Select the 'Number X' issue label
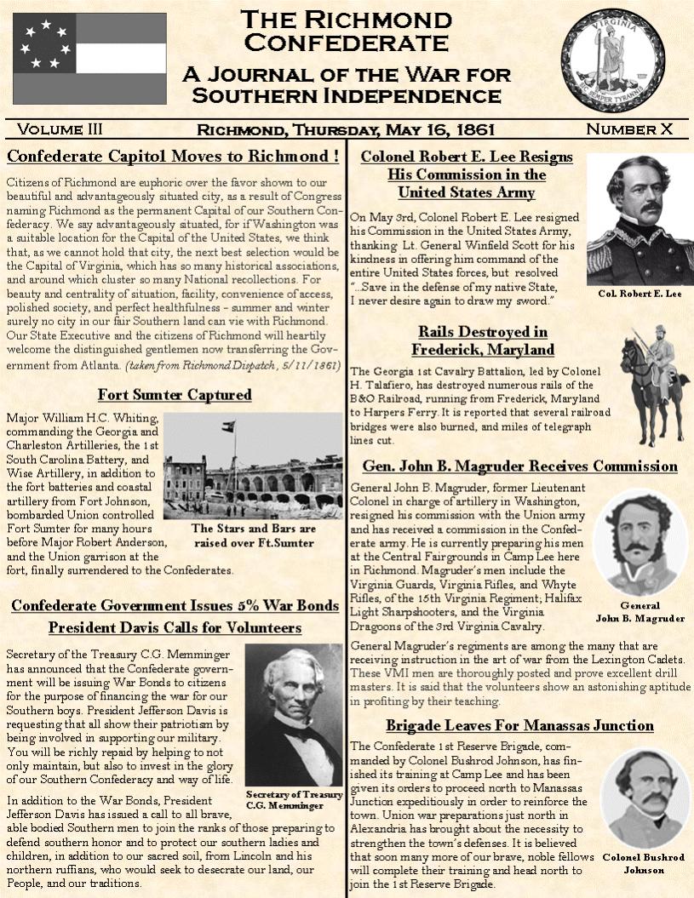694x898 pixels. tap(629, 129)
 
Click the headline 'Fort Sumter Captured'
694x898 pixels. tap(174, 395)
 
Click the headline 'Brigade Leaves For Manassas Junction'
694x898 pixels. tap(519, 726)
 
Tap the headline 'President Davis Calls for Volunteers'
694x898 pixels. tap(175, 628)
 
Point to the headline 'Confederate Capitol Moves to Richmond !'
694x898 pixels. tap(174, 157)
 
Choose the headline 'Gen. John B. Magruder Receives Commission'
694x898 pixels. tap(519, 466)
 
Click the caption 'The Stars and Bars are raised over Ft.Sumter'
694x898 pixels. tap(254, 535)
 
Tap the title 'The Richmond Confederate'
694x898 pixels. tap(346, 30)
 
